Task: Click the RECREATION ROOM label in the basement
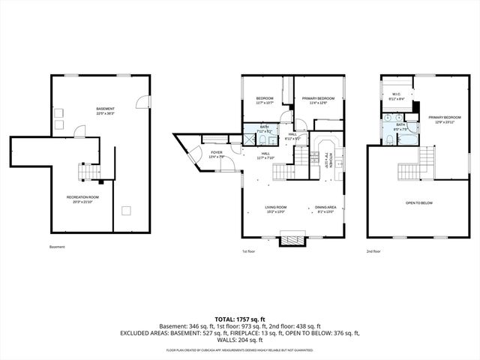pyautogui.click(x=83, y=197)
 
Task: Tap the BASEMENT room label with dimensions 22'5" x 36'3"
pyautogui.click(x=106, y=109)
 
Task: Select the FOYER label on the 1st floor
pyautogui.click(x=217, y=152)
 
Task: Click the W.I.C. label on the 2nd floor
pyautogui.click(x=396, y=94)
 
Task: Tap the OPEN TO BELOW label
pyautogui.click(x=419, y=202)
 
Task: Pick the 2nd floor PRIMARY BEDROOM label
pyautogui.click(x=444, y=118)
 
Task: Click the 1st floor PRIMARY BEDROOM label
pyautogui.click(x=318, y=99)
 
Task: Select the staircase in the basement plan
pyautogui.click(x=89, y=173)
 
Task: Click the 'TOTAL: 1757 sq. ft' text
pyautogui.click(x=240, y=319)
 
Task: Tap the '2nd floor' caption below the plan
pyautogui.click(x=373, y=252)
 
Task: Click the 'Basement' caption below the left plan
pyautogui.click(x=57, y=247)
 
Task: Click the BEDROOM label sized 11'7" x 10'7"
pyautogui.click(x=264, y=99)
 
